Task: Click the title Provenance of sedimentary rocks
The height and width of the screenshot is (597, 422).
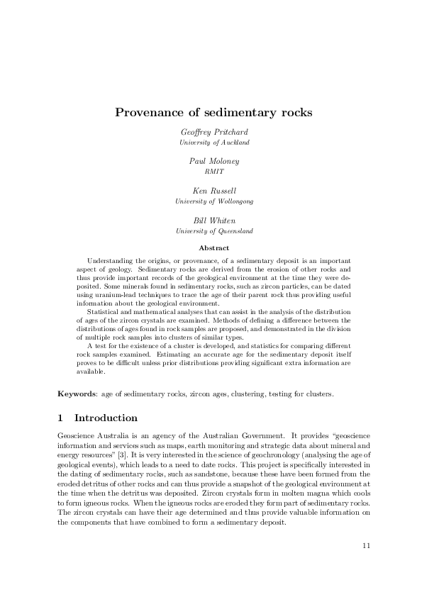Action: [x=213, y=112]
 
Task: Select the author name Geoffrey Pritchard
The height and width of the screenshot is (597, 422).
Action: [x=213, y=133]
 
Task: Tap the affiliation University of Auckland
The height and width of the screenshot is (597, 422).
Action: [x=213, y=143]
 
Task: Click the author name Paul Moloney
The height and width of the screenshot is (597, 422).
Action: [x=213, y=162]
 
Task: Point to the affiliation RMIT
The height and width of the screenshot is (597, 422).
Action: [x=213, y=172]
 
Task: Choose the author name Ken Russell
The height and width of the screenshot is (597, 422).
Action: [x=213, y=191]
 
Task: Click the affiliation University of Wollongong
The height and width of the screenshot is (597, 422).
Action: [x=213, y=201]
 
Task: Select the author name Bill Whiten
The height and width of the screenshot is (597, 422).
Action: [x=213, y=221]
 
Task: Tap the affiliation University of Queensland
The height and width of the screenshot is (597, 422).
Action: [x=213, y=231]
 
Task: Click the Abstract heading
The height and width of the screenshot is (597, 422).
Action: [x=213, y=248]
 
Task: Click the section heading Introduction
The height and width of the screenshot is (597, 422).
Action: [x=106, y=418]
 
